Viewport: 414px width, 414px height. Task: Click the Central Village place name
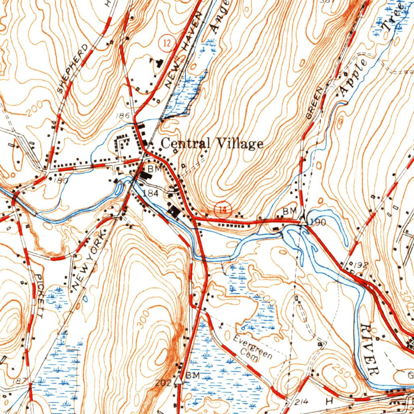212,144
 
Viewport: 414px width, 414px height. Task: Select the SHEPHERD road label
72,69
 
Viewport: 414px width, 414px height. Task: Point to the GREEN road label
316,103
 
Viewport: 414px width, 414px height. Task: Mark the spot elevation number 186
122,116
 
